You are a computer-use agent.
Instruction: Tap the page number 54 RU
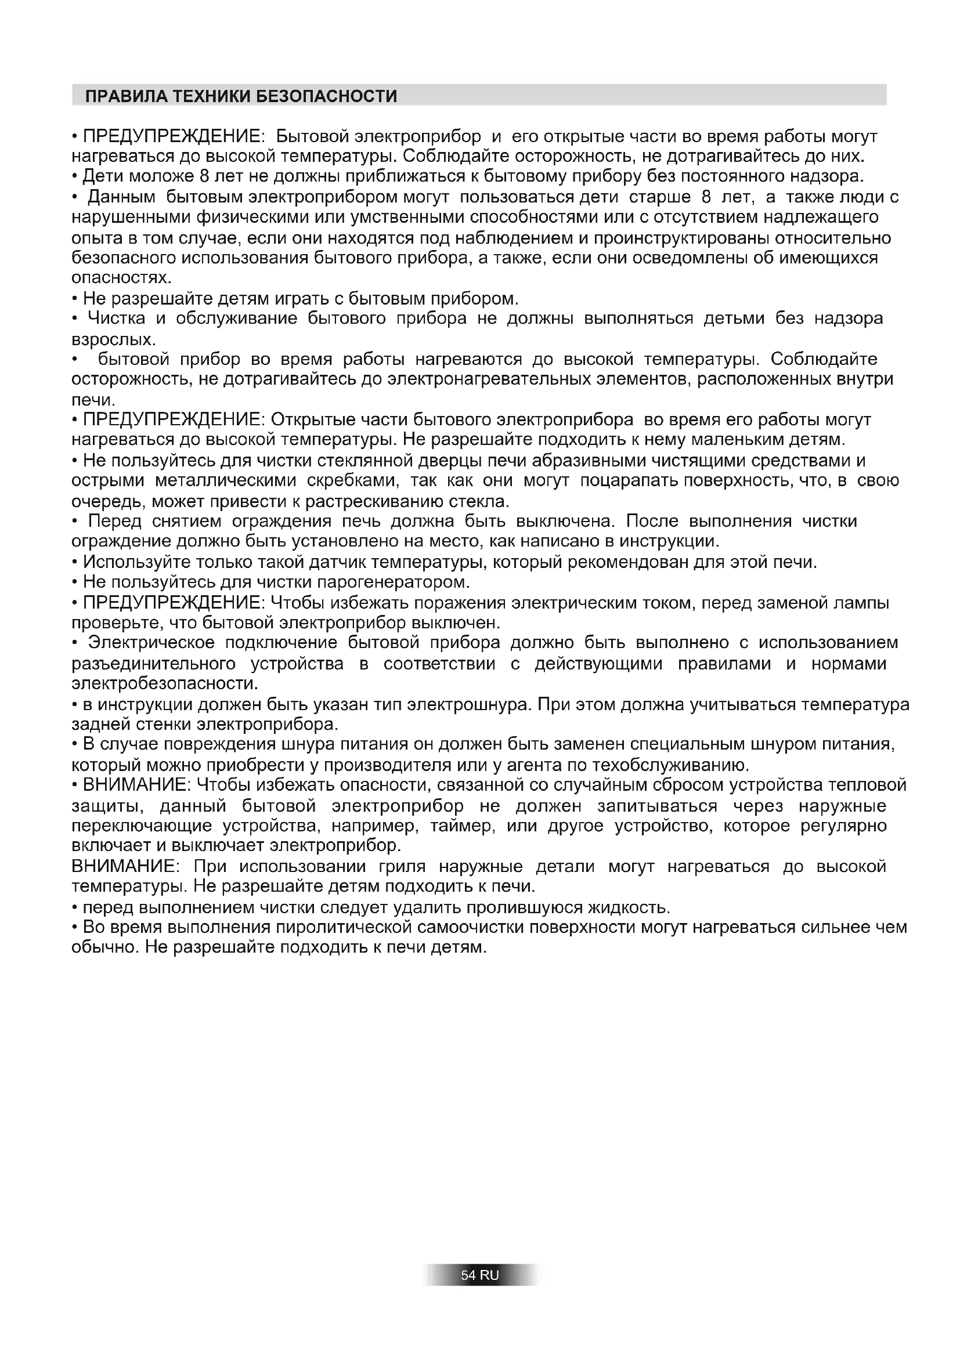point(479,1275)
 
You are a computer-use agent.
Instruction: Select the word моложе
point(156,176)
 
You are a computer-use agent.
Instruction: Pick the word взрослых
point(113,340)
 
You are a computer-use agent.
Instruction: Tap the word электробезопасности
point(164,685)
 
